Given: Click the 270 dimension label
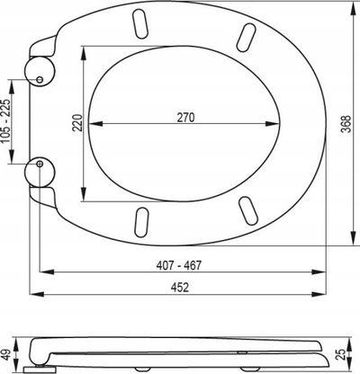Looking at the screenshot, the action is coord(185,118).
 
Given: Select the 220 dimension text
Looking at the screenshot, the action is coord(77,122).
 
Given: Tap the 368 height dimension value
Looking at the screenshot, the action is coord(346,124).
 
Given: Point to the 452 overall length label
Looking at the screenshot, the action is coord(180,288).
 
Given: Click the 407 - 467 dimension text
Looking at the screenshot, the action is coord(179,265).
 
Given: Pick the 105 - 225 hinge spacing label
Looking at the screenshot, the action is coord(6,121).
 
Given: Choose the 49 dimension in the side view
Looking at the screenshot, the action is coord(7,354).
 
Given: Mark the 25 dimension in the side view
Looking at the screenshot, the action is coord(340,353).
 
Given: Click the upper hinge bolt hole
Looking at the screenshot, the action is coord(40,80).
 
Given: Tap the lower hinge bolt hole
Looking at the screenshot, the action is coord(40,164).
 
